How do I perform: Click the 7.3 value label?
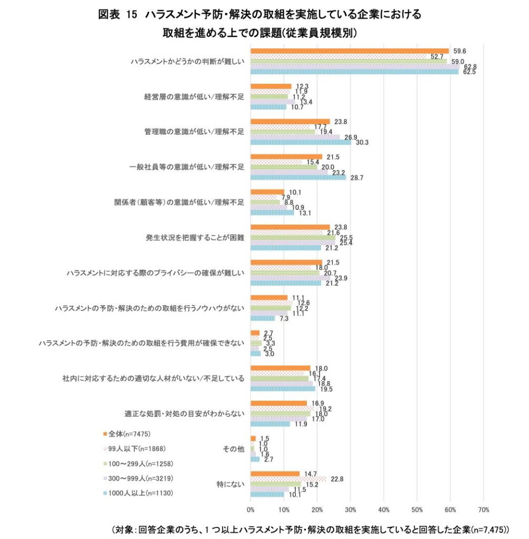coord(283,318)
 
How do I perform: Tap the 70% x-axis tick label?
coord(483,510)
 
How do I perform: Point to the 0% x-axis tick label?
coord(251,510)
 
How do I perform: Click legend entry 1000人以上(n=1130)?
coord(138,493)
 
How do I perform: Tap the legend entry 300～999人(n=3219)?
coord(137,478)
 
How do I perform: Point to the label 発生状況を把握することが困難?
coord(195,237)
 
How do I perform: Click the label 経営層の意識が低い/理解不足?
coord(194,97)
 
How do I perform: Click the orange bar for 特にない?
coord(275,474)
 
